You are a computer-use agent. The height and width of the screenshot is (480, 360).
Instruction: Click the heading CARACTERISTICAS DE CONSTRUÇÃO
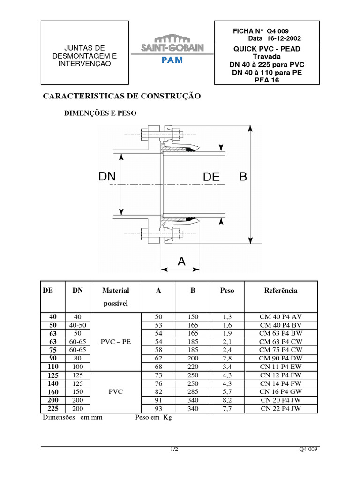point(122,96)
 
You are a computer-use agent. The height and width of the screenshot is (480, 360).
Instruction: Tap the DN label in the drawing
point(110,177)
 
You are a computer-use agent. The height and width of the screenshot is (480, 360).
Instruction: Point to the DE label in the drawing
point(212,177)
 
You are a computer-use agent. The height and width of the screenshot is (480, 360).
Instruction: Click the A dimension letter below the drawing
point(181,262)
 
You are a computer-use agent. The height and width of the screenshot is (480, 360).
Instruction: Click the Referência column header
point(281,290)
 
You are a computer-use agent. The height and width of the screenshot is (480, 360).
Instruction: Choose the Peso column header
point(227,290)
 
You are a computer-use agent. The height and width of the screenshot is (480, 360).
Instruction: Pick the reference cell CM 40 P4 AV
point(281,317)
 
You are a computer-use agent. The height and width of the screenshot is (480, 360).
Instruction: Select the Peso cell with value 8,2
point(227,400)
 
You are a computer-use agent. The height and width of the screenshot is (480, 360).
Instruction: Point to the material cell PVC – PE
point(116,342)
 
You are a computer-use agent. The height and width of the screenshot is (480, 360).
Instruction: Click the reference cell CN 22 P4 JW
point(281,409)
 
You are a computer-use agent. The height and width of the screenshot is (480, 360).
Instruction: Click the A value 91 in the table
point(158,400)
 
